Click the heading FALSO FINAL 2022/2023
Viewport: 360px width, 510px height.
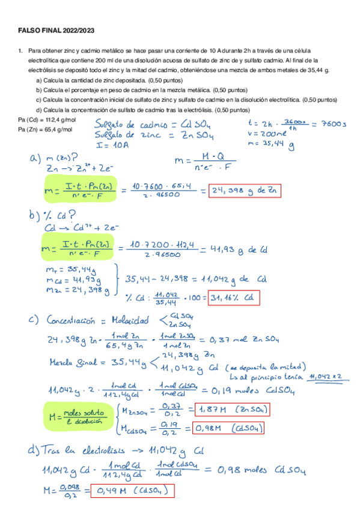(56, 30)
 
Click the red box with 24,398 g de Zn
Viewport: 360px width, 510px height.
(245, 191)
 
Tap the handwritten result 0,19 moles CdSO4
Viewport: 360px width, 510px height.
(264, 391)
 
